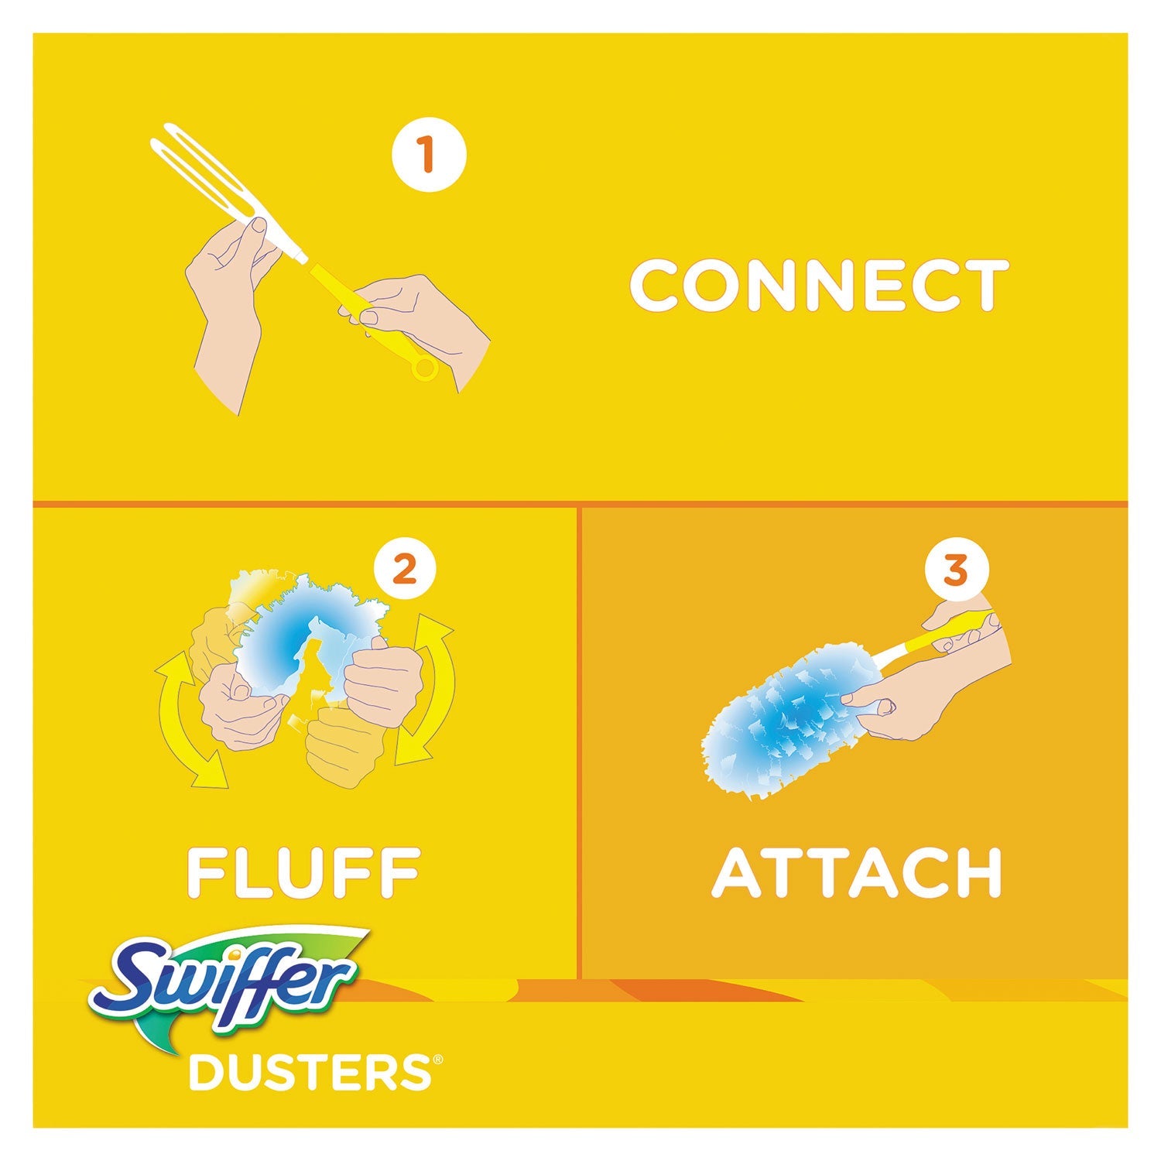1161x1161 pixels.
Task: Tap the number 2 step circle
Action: point(405,572)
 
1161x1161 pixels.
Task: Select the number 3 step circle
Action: point(956,572)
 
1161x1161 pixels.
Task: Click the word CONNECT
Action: point(820,286)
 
